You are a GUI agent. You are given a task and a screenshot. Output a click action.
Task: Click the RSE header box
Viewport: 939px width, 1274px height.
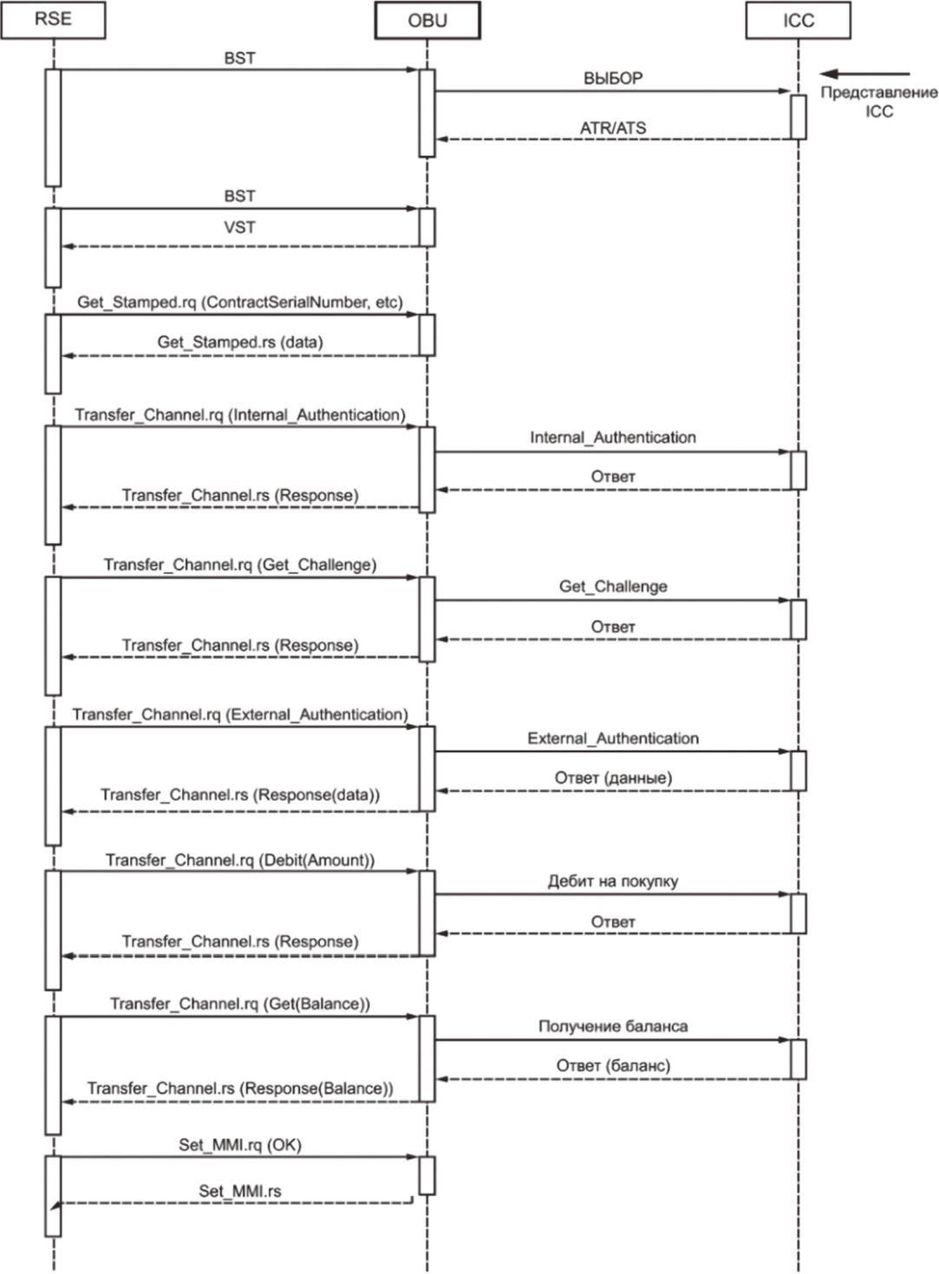click(53, 20)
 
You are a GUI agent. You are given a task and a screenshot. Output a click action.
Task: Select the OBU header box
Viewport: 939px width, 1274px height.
click(427, 21)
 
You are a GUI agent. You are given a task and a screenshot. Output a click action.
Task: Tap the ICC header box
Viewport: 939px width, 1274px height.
click(799, 21)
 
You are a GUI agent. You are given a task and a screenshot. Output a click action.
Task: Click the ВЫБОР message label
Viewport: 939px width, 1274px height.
click(613, 78)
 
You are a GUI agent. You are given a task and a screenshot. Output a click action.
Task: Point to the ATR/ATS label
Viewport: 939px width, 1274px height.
click(613, 128)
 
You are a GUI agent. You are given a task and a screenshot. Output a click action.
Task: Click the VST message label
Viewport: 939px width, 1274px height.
click(239, 227)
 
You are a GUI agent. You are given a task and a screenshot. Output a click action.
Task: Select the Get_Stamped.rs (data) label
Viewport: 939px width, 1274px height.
click(240, 341)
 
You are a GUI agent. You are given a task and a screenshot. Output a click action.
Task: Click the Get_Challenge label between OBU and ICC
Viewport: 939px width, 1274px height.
click(613, 587)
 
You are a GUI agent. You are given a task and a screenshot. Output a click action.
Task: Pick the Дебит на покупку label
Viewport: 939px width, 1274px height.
click(613, 881)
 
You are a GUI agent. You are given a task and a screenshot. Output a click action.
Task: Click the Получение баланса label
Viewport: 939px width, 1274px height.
click(613, 1026)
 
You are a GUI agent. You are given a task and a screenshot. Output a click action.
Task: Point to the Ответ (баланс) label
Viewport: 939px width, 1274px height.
click(613, 1065)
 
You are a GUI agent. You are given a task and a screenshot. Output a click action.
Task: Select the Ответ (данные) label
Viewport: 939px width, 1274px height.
click(613, 777)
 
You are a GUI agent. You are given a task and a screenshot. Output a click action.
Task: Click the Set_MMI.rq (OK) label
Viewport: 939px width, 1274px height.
click(239, 1145)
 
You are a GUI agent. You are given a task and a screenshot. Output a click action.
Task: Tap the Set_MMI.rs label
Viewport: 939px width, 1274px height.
click(239, 1191)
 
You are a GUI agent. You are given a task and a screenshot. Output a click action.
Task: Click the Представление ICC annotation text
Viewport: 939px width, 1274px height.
click(879, 101)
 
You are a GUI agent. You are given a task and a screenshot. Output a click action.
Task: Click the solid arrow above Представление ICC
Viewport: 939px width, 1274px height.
click(865, 74)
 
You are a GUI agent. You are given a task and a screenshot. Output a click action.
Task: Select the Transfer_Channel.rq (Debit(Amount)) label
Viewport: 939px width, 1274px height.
click(239, 860)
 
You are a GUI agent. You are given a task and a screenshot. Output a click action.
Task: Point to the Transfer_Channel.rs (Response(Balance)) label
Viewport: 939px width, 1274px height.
click(239, 1088)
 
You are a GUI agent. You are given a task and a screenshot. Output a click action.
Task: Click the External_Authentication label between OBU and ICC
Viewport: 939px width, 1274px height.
click(613, 738)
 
